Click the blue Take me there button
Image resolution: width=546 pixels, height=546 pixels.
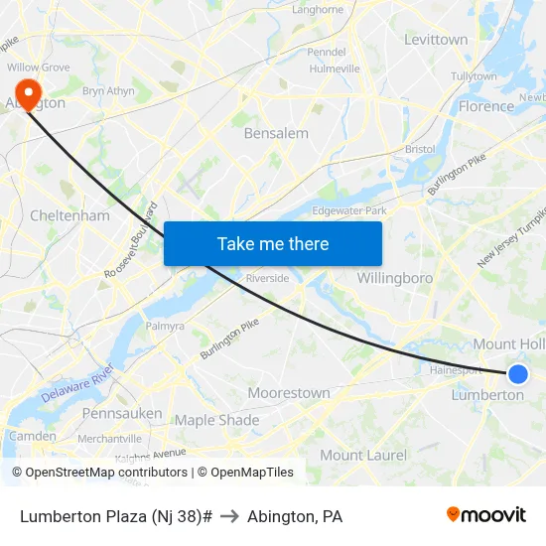point(273,243)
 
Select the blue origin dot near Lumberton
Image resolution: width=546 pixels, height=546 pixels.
point(517,373)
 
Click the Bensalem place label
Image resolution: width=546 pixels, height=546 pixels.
point(276,133)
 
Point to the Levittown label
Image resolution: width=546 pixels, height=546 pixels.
point(436,40)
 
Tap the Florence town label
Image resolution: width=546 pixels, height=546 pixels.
point(486,106)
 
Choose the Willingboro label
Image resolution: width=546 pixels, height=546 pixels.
point(395,278)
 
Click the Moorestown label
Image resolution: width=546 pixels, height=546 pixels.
point(289,393)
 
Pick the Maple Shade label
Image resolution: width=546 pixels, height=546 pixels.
point(216,420)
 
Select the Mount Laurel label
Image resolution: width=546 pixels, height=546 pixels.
point(363,455)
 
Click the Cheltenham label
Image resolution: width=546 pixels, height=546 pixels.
point(69,215)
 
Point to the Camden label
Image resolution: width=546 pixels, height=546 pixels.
point(33,436)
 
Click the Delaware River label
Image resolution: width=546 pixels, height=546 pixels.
point(78,385)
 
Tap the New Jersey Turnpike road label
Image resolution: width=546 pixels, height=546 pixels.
point(512,238)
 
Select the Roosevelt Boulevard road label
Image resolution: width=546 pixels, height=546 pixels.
point(131,241)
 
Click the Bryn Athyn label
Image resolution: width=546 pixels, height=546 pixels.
point(108,90)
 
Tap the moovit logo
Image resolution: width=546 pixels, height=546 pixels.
point(486,514)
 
